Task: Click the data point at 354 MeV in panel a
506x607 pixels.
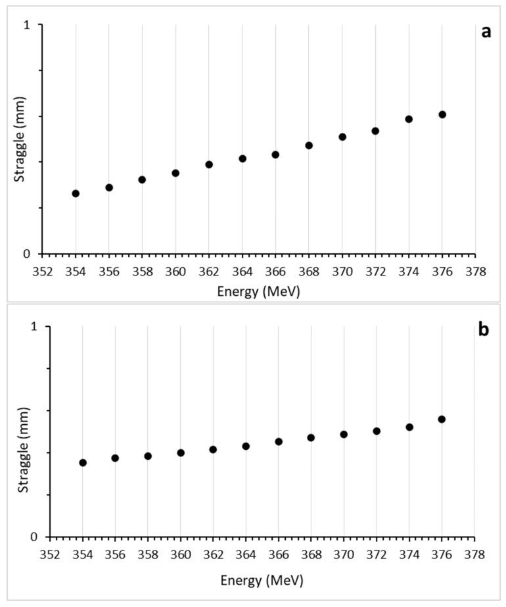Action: (76, 193)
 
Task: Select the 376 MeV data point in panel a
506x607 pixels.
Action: (442, 114)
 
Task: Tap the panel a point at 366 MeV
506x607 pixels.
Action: (275, 155)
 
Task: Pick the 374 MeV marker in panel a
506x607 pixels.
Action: (409, 119)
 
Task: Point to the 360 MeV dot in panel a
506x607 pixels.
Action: (175, 173)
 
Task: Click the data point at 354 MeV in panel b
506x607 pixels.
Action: (83, 462)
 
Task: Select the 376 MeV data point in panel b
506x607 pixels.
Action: (442, 419)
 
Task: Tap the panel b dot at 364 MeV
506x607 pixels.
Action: (246, 446)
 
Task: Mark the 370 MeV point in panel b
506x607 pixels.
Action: (344, 434)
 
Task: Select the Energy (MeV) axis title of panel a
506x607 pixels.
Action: (258, 291)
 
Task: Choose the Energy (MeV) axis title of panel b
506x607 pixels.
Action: (262, 581)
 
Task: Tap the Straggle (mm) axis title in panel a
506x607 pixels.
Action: (20, 139)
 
